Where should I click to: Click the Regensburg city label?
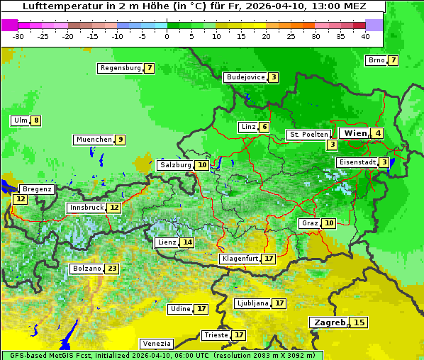point(120,68)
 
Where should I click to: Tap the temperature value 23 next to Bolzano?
point(112,269)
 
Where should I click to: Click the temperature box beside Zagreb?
point(359,322)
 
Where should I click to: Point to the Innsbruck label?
point(85,208)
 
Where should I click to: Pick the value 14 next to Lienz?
point(187,242)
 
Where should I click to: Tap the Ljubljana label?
point(252,303)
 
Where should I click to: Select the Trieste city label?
point(216,335)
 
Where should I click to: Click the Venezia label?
point(155,344)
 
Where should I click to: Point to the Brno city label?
point(376,60)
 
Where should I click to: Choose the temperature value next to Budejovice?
point(273,77)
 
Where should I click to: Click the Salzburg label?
point(175,165)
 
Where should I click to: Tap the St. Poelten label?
point(308,135)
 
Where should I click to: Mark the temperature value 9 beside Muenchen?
point(121,140)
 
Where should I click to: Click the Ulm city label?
point(20,120)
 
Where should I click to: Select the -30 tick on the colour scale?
point(18,35)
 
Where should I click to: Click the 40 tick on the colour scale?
point(365,35)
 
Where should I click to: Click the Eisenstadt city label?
point(357,162)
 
